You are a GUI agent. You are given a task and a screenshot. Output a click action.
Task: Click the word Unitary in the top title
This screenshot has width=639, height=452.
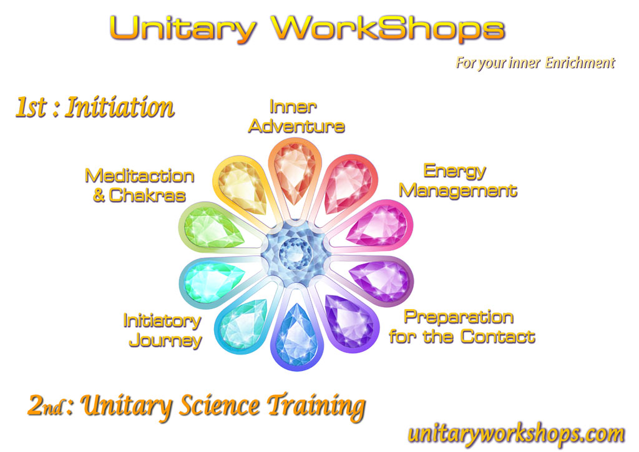coord(183,29)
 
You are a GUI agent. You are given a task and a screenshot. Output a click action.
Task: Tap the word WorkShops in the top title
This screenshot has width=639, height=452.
coord(388,29)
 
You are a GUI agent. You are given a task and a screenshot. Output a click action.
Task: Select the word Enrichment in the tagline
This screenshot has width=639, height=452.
coord(580,62)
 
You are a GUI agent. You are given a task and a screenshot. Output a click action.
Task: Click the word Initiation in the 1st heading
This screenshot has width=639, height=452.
coord(120,107)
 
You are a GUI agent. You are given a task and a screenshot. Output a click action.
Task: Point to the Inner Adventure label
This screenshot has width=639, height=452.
coord(296,117)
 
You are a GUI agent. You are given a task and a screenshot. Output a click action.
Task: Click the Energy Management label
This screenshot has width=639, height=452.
coord(457,180)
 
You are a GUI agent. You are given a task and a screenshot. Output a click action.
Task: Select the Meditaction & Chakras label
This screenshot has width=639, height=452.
coord(139,185)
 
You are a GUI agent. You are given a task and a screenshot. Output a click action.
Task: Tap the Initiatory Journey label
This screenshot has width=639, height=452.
coord(163,330)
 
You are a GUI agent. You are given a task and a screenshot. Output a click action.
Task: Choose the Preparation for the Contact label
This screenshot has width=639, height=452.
coord(462,327)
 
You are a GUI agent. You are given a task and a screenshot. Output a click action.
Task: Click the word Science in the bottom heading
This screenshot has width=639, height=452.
coord(219,406)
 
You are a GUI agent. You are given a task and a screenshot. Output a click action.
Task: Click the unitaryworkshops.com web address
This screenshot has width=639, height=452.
coord(516,434)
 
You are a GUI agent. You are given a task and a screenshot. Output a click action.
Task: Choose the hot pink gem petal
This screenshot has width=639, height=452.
coord(379,225)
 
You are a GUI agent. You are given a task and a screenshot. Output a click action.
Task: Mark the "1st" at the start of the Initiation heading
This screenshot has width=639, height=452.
coord(31,107)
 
